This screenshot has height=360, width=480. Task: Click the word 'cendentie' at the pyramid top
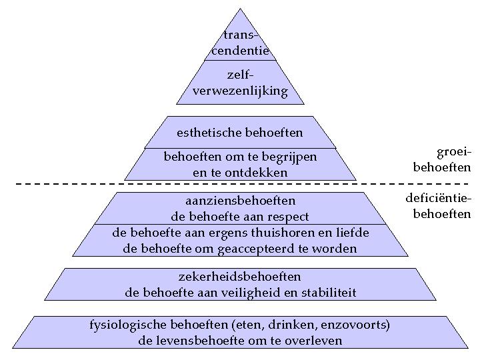click(x=240, y=51)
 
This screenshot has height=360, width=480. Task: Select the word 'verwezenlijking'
click(x=240, y=91)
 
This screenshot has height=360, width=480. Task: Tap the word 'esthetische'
click(x=209, y=133)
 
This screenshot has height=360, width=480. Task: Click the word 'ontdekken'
click(x=256, y=173)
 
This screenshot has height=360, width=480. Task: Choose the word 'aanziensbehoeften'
click(x=240, y=201)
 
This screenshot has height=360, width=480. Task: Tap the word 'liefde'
click(x=353, y=233)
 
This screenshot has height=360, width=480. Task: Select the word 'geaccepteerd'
click(x=256, y=249)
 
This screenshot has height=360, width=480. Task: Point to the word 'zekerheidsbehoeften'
click(x=240, y=277)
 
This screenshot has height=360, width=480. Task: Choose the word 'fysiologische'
click(x=127, y=325)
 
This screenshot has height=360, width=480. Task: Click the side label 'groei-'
click(x=453, y=152)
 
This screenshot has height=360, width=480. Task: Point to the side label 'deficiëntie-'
click(x=437, y=199)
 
